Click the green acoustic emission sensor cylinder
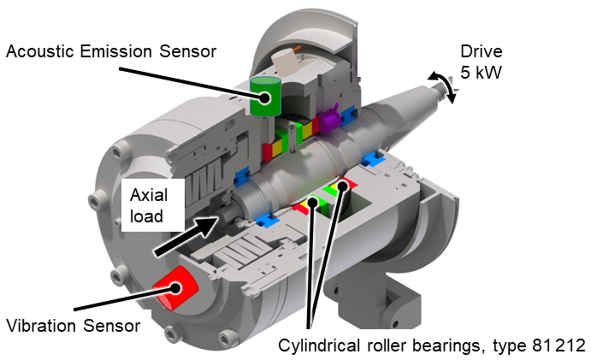[266, 96]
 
